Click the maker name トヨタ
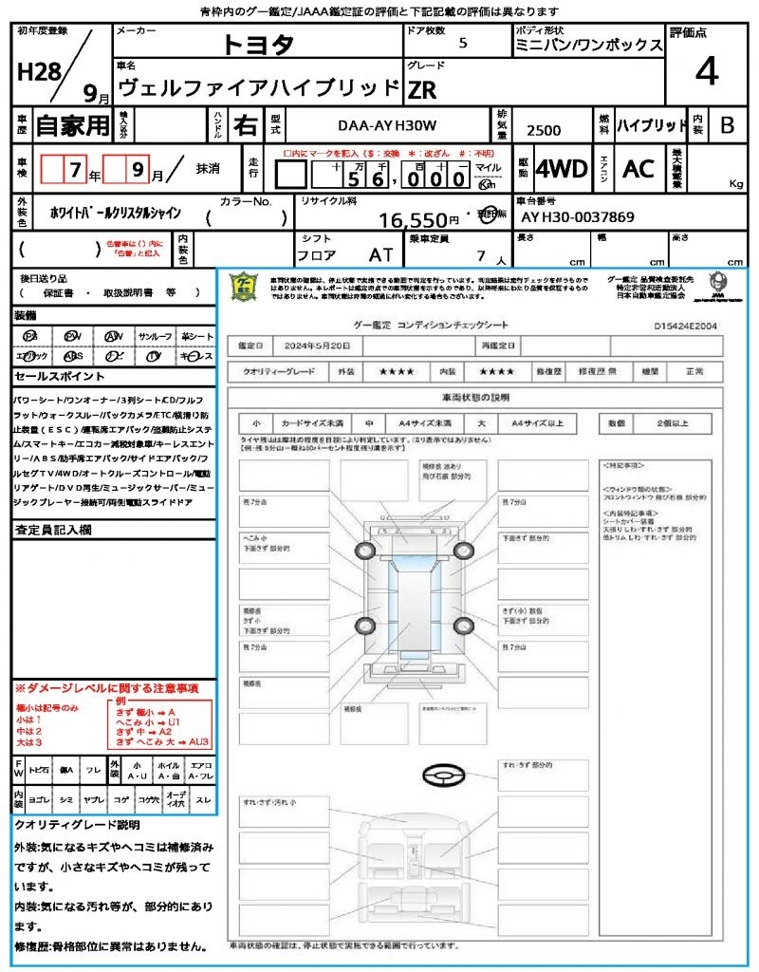coord(259,45)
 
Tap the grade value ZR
coord(422,90)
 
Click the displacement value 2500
coord(544,131)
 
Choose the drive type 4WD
coord(562,169)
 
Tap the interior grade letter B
coord(727,124)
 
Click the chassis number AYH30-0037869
coord(578,217)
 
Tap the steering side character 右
coord(245,124)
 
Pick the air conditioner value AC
coord(639,169)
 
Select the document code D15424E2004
coord(686,325)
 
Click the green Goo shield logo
coord(245,286)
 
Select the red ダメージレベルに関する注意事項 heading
coord(106,687)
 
